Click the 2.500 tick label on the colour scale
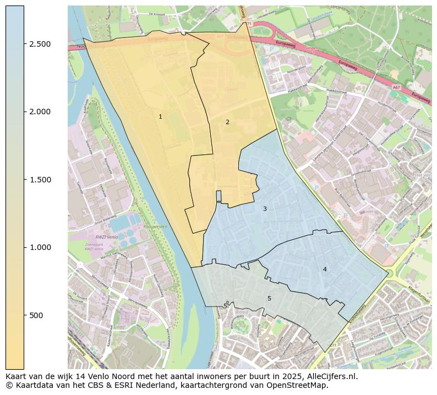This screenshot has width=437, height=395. click(x=40, y=44)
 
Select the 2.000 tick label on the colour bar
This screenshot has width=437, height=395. click(x=40, y=112)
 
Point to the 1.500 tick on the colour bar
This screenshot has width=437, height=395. click(x=40, y=180)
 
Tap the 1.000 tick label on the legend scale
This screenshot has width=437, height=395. click(x=40, y=247)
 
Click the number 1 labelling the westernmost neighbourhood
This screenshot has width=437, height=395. click(x=160, y=116)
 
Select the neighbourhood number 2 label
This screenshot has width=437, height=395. click(x=227, y=122)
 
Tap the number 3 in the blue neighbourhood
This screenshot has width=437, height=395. click(x=265, y=209)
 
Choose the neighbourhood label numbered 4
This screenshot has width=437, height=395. click(x=325, y=269)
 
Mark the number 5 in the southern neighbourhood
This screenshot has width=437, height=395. click(x=269, y=298)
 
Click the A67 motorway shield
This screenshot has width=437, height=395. click(x=396, y=87)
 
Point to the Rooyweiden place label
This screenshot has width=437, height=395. click(x=155, y=227)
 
